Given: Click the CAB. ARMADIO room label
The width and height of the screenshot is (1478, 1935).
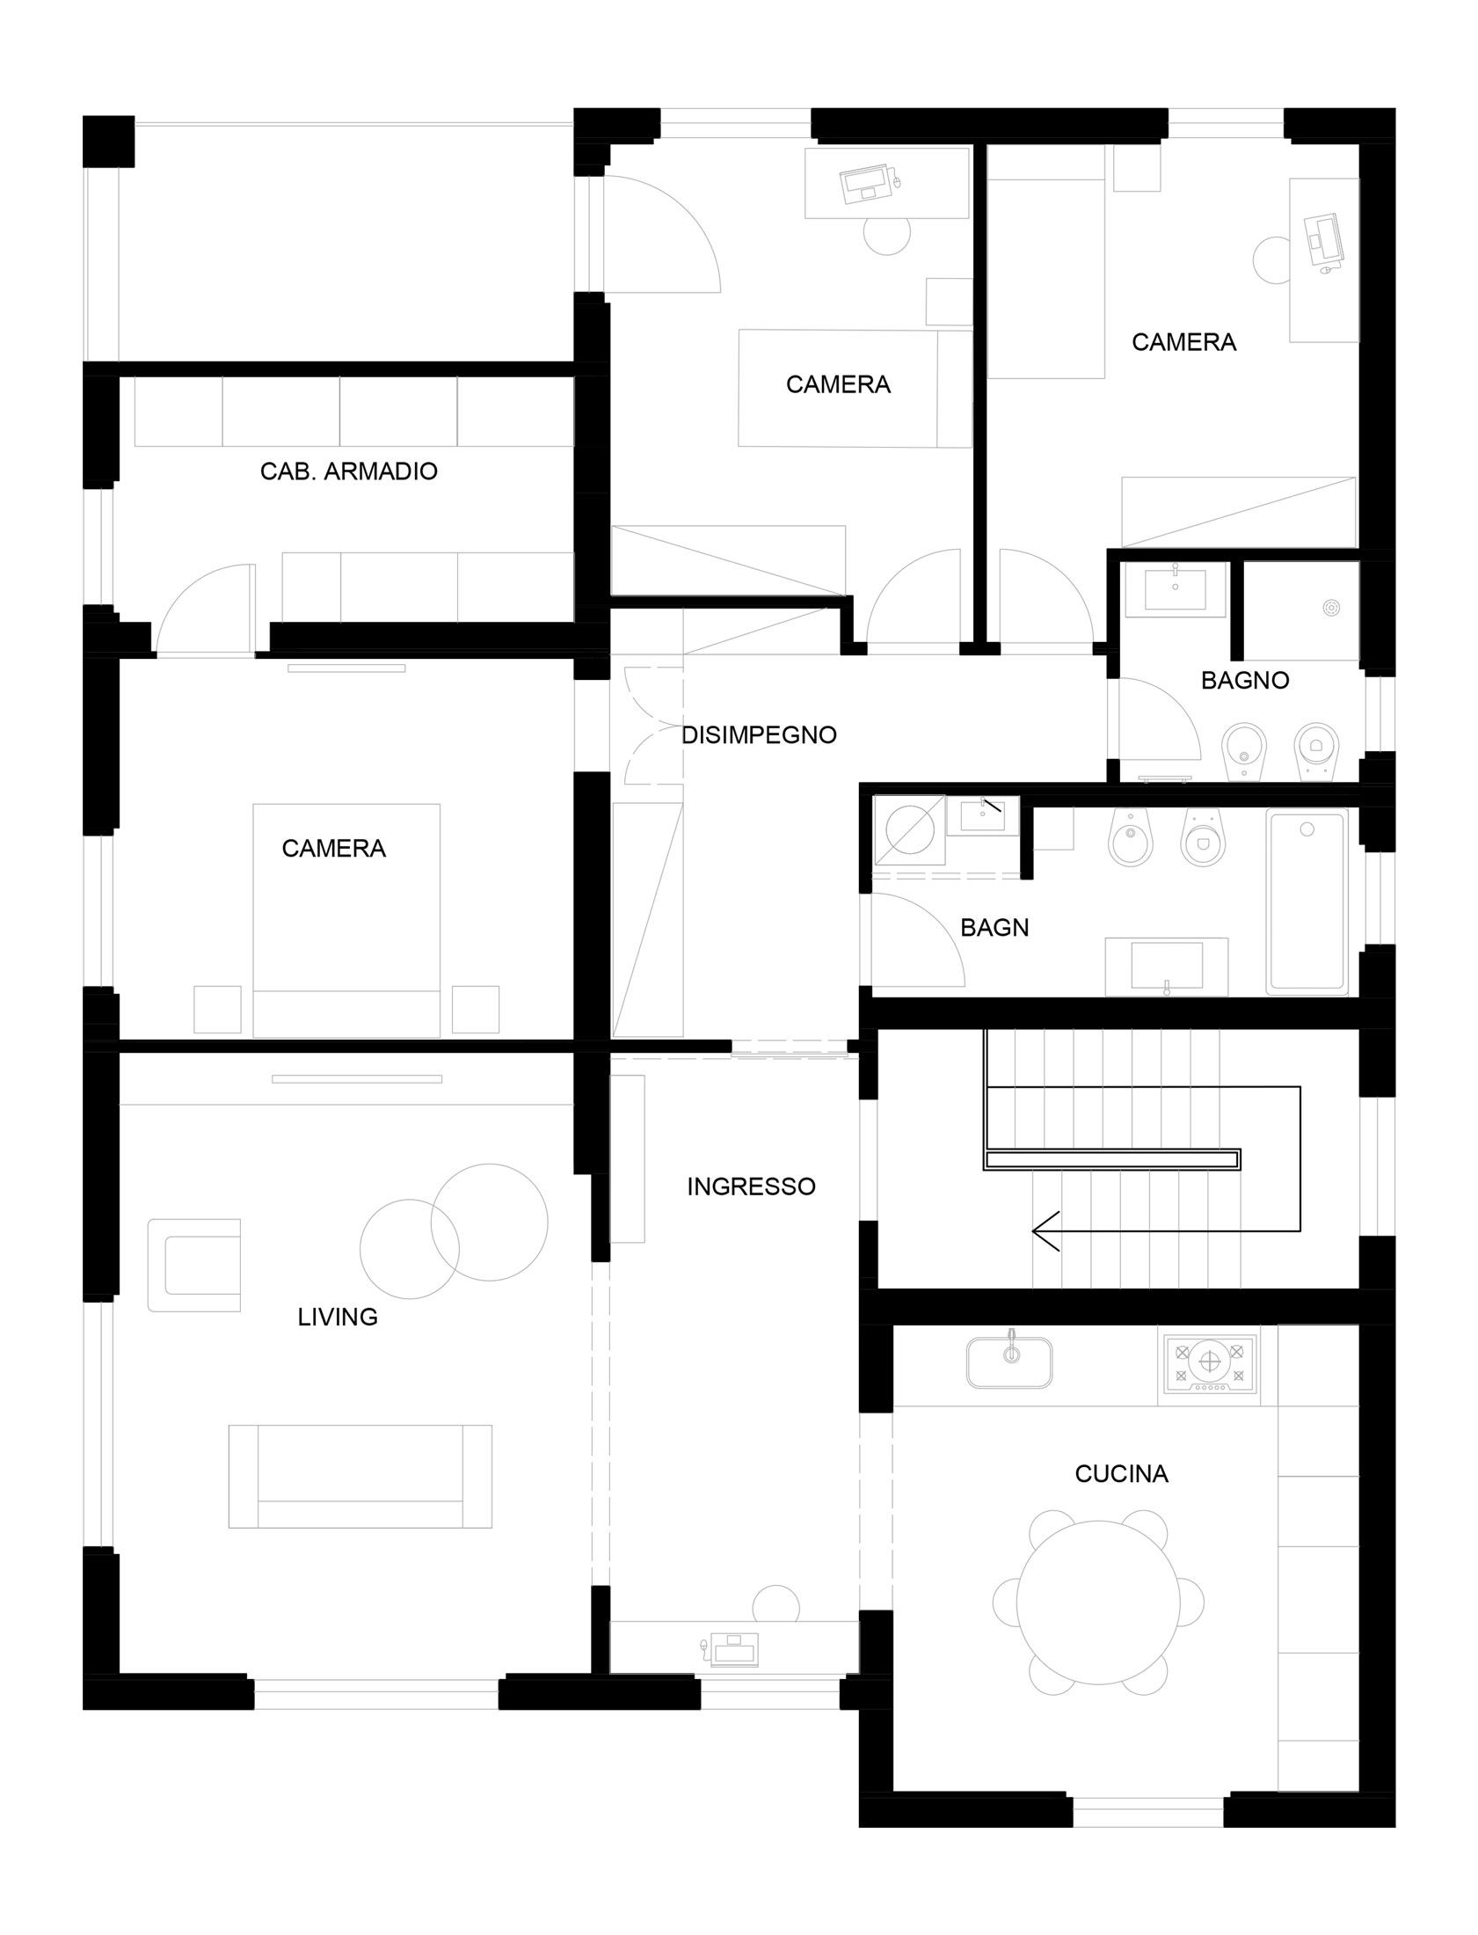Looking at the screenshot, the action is click(x=348, y=471).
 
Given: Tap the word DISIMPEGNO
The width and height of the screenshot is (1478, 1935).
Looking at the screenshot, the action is click(x=759, y=734).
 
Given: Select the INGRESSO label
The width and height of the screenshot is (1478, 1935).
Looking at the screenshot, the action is click(x=752, y=1187).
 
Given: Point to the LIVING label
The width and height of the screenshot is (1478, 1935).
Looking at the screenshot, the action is click(x=338, y=1317).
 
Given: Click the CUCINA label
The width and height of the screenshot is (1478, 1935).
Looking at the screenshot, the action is click(x=1122, y=1473).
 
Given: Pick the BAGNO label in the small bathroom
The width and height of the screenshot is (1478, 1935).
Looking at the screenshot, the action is click(x=1245, y=680).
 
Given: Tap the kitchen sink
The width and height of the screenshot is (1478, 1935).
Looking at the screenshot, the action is click(x=1010, y=1363).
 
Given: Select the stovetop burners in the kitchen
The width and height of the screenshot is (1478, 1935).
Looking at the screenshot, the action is click(x=1210, y=1363).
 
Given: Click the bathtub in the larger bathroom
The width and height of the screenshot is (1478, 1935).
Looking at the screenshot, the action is click(x=1307, y=903).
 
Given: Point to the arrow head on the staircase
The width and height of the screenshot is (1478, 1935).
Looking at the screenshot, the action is click(x=1045, y=1231).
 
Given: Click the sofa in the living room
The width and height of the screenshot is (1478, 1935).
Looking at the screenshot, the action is click(x=360, y=1476).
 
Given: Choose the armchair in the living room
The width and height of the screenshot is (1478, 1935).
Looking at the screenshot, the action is click(x=194, y=1266).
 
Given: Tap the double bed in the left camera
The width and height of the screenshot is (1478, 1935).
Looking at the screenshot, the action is click(x=346, y=920).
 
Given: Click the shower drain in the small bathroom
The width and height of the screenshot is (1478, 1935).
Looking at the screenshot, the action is click(x=1331, y=608).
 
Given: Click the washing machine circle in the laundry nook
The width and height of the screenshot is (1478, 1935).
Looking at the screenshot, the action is click(x=910, y=829).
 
